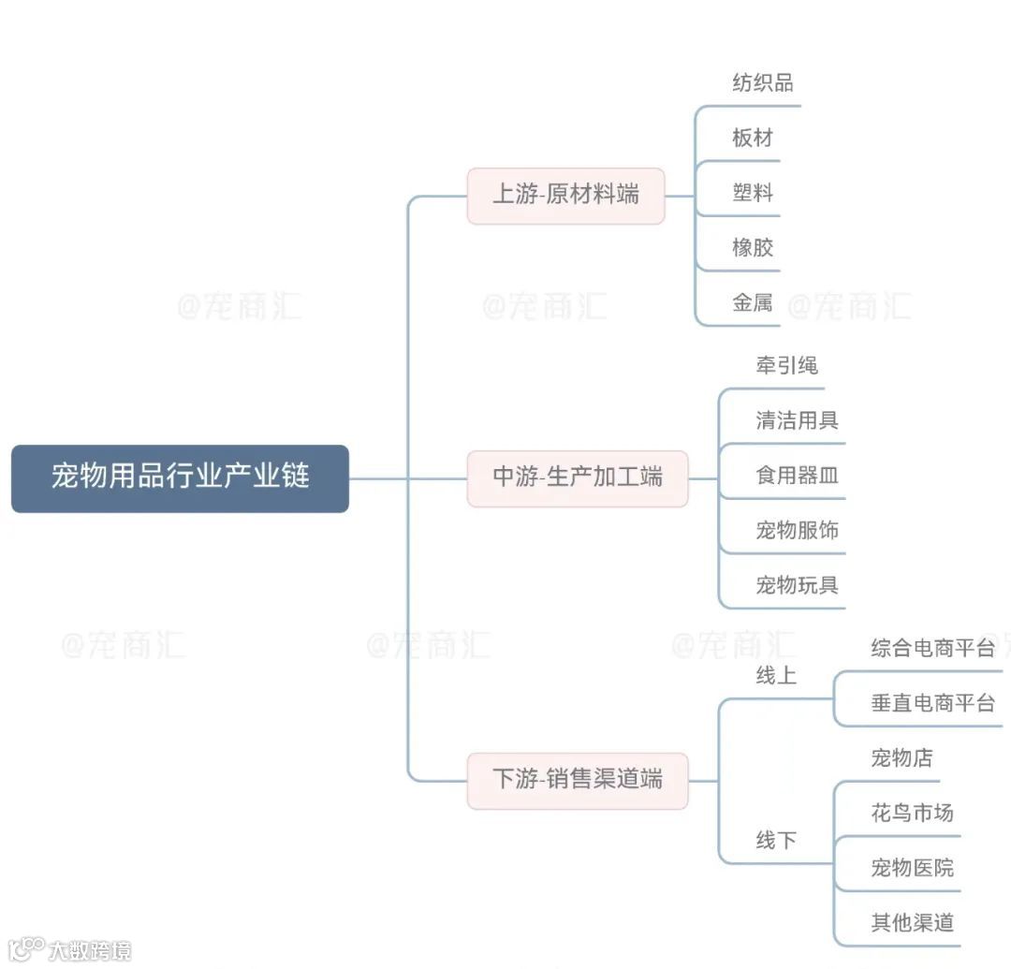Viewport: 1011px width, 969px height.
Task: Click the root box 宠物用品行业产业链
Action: [x=180, y=477]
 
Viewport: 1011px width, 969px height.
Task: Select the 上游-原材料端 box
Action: [x=565, y=195]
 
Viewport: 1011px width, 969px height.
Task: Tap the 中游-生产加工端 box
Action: [x=577, y=477]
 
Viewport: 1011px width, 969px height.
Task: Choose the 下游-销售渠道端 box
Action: [x=577, y=779]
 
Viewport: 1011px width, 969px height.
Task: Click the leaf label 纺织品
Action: [x=762, y=83]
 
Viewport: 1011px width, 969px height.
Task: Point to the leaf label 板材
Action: [x=753, y=139]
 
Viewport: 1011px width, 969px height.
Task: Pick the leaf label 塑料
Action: [x=753, y=194]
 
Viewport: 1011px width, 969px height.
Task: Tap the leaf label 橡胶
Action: [x=753, y=248]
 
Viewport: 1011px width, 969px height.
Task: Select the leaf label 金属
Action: [x=753, y=303]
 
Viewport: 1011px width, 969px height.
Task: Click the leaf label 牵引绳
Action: [x=786, y=365]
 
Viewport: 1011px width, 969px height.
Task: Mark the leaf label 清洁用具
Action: [x=797, y=420]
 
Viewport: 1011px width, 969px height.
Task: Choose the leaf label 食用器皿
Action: [x=797, y=476]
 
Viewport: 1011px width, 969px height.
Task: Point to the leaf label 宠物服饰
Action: [x=797, y=531]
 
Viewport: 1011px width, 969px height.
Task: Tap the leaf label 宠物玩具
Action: [x=797, y=586]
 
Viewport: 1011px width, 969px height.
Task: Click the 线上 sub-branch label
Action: [x=776, y=675]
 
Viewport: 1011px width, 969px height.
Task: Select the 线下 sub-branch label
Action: [x=776, y=841]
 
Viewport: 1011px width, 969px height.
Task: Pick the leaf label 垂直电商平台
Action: [x=932, y=703]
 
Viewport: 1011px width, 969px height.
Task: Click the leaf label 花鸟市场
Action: [x=912, y=813]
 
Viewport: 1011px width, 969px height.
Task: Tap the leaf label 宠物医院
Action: [x=912, y=868]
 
